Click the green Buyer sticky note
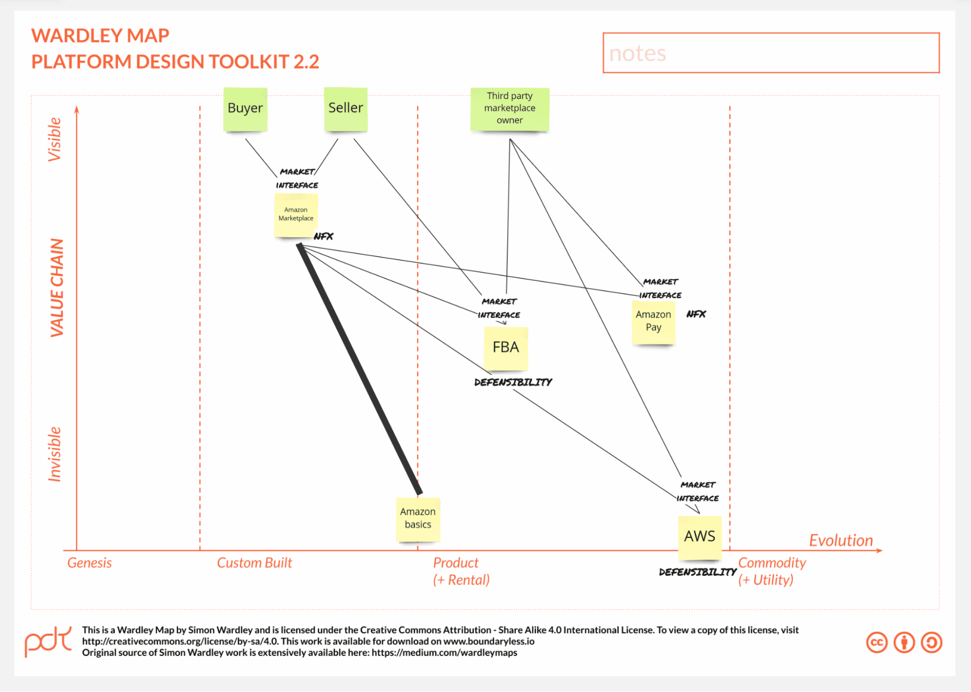coord(245,109)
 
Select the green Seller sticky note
coord(345,109)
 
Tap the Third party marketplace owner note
coord(510,109)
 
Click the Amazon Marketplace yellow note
coord(296,215)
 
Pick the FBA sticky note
coord(506,348)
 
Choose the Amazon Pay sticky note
coord(653,322)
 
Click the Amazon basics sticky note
coord(418,519)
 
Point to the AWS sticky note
coord(699,536)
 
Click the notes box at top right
coord(771,53)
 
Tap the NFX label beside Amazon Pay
coord(696,314)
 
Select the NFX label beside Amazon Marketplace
coord(324,237)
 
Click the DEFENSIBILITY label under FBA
coord(513,382)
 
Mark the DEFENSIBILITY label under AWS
coord(698,572)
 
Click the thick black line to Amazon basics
coord(359,369)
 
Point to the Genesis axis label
coord(89,563)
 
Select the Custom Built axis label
coord(254,563)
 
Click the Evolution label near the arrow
coord(840,540)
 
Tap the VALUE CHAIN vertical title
coord(57,288)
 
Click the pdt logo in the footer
coord(48,641)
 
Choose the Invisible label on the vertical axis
coord(54,454)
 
